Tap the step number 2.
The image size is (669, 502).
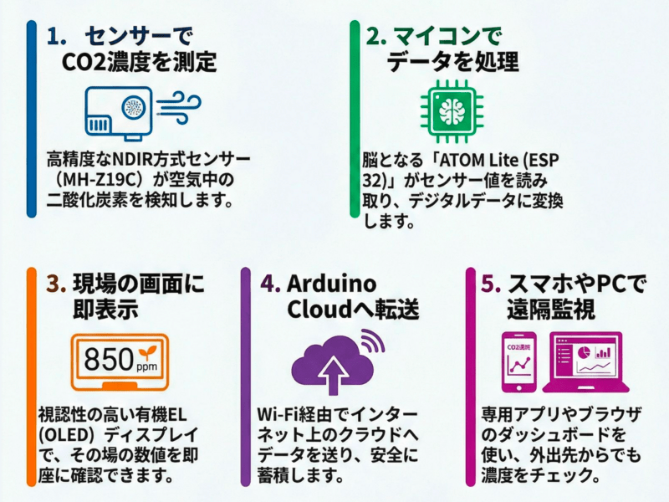point(375,37)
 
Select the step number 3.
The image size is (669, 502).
point(56,284)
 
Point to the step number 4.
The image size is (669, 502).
point(269,284)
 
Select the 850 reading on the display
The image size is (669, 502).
point(109,360)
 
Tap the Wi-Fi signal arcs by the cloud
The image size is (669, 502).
point(371,342)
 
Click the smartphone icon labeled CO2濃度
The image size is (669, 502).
point(519,363)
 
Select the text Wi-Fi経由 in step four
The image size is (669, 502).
point(298,414)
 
